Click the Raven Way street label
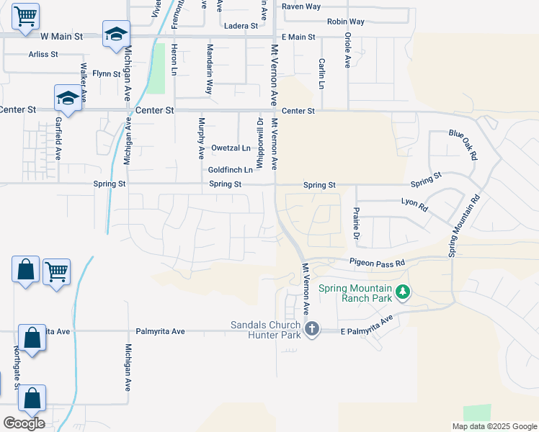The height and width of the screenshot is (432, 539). (x=301, y=6)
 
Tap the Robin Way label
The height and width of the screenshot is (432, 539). (x=345, y=22)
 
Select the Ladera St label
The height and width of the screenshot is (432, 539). (x=241, y=26)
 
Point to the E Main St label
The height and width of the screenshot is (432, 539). (x=298, y=37)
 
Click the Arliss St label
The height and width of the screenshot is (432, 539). (x=43, y=54)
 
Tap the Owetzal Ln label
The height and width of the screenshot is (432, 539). (x=231, y=148)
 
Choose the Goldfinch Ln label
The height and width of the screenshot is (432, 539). (x=231, y=170)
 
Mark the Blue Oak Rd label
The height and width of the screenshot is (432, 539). (x=463, y=144)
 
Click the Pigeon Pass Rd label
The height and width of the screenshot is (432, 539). (x=377, y=263)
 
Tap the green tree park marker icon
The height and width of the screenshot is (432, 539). (x=404, y=292)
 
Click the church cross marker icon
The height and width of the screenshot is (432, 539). (x=312, y=330)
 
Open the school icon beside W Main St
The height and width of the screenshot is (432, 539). (x=115, y=35)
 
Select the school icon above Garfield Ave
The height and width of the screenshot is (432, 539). (x=67, y=98)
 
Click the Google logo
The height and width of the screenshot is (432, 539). (x=24, y=423)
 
